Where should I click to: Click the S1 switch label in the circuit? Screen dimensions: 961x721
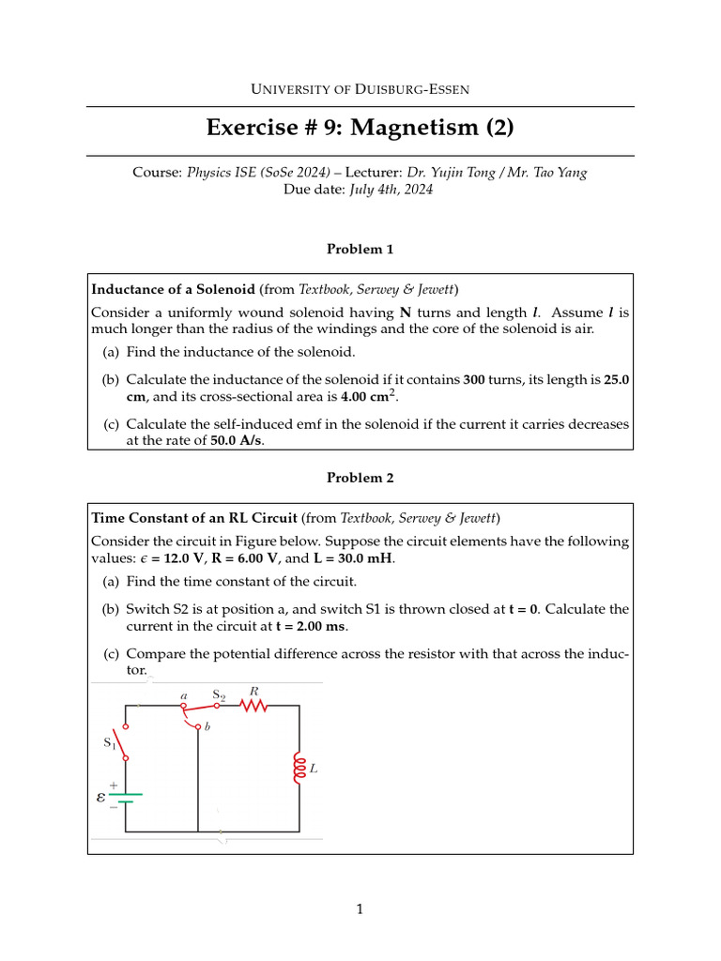tap(109, 742)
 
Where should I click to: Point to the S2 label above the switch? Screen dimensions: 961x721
tap(219, 694)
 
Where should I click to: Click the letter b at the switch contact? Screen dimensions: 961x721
tap(207, 727)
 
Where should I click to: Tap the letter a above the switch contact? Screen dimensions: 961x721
tap(184, 695)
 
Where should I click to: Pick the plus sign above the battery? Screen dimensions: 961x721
tap(114, 785)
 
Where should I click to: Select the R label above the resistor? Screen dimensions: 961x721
tap(253, 691)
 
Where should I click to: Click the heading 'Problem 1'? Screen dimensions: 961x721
tap(360, 249)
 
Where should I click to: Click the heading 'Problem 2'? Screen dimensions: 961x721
tap(360, 478)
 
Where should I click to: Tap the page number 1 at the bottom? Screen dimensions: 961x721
tap(360, 908)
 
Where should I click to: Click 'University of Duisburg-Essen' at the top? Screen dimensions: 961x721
tap(360, 89)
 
